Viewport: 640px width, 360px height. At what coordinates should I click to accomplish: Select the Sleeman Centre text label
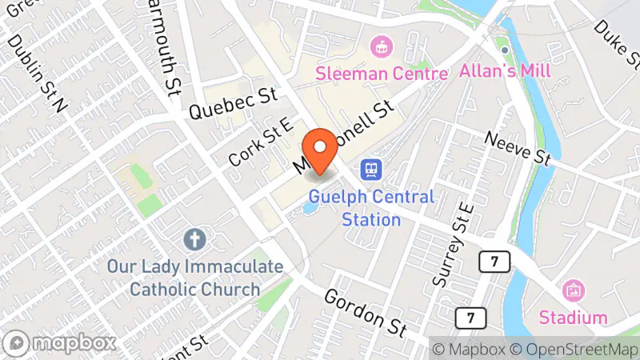click(x=382, y=74)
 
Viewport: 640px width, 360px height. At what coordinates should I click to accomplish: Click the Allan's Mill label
click(x=505, y=70)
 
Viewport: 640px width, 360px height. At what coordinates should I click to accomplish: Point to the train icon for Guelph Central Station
click(x=370, y=170)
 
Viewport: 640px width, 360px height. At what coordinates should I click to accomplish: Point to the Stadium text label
click(x=573, y=317)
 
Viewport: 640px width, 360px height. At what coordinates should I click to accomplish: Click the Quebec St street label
click(x=231, y=104)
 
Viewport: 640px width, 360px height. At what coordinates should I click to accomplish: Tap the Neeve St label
click(x=518, y=147)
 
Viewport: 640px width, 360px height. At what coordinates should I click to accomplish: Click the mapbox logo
click(x=62, y=343)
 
